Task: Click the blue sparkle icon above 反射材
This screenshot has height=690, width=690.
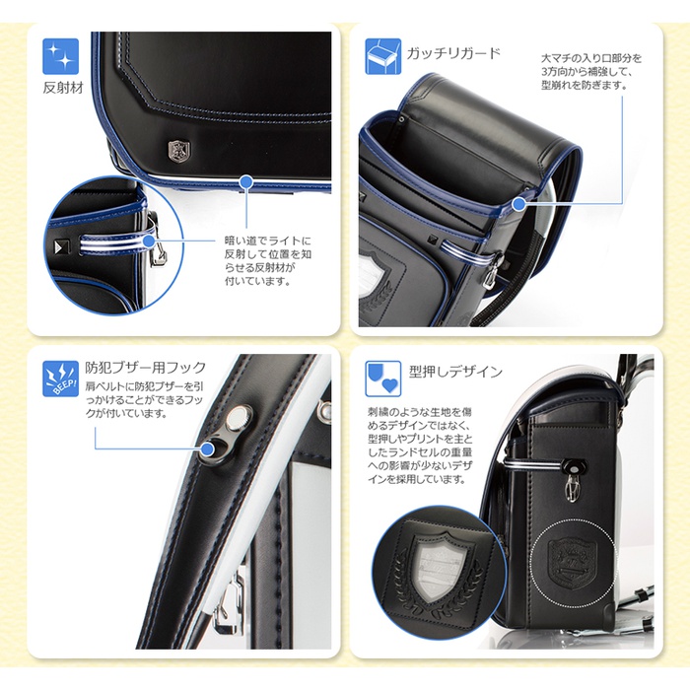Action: [60, 56]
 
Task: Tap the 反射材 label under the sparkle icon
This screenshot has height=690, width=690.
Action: [63, 88]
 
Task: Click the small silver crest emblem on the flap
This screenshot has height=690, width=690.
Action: [178, 150]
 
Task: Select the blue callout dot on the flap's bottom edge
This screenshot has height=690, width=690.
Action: [246, 181]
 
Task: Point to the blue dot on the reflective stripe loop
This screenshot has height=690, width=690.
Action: [150, 241]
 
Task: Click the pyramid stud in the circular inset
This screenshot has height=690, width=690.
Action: [58, 246]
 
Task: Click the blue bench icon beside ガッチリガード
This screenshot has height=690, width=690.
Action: [382, 56]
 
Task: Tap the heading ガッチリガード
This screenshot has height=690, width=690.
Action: [453, 53]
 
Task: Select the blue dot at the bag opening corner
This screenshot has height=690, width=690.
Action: [519, 204]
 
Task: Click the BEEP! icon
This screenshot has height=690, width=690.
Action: [60, 379]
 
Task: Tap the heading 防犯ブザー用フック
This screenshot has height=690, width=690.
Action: [146, 367]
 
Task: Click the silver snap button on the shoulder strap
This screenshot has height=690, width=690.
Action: [239, 417]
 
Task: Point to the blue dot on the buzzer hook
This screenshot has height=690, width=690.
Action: [207, 449]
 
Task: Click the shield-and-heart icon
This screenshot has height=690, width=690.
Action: [382, 379]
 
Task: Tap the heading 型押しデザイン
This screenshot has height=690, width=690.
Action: [455, 372]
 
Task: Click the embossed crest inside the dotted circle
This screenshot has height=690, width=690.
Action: [573, 564]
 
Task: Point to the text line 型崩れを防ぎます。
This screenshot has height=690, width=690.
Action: [584, 86]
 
